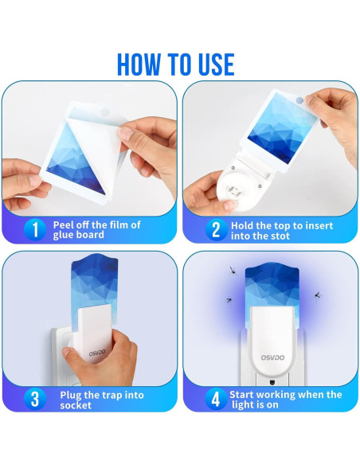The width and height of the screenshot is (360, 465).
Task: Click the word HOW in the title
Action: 139,64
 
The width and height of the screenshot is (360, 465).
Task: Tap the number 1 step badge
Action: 35,229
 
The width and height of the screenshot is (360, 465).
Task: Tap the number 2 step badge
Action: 216,230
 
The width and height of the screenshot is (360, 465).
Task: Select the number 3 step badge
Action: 35,399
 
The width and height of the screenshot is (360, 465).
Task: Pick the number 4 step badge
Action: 216,399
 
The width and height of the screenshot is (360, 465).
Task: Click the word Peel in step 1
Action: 63,225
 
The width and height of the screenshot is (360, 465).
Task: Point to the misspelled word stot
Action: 277,236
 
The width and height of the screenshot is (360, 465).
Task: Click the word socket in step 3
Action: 76,405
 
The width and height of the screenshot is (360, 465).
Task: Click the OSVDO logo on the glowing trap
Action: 272,358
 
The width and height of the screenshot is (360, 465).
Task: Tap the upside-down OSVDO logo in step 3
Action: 97,353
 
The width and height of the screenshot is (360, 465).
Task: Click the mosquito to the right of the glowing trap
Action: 318,295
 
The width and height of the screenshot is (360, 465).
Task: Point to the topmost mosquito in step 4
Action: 233,270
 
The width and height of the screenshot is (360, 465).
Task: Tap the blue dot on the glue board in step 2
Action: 299,100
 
